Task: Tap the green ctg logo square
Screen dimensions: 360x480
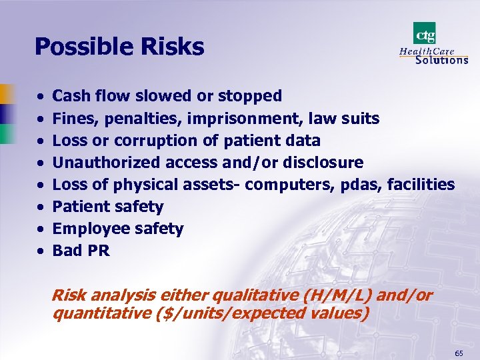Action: coord(425,33)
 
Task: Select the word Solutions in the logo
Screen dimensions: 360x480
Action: coord(441,59)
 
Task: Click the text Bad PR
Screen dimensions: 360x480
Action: coord(81,251)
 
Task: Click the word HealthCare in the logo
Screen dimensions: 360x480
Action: coord(427,51)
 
